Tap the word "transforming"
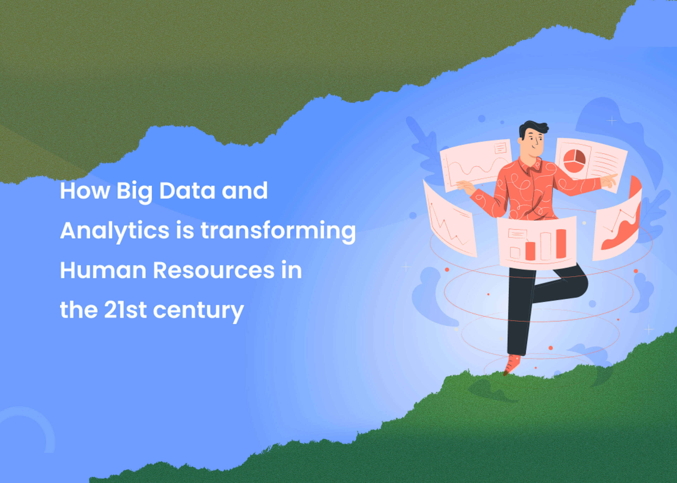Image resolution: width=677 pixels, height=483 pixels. pyautogui.click(x=278, y=231)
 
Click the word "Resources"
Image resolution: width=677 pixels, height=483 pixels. pyautogui.click(x=214, y=270)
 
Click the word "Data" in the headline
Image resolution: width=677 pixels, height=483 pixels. pyautogui.click(x=187, y=191)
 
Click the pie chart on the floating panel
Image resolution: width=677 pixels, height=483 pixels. pyautogui.click(x=574, y=161)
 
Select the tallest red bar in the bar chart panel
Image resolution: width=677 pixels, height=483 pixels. pyautogui.click(x=561, y=244)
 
